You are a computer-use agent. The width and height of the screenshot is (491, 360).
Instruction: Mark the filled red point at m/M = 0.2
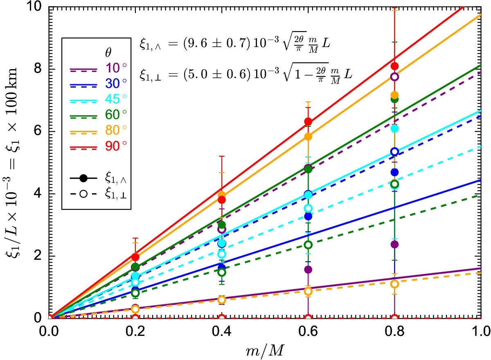(x=135, y=257)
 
